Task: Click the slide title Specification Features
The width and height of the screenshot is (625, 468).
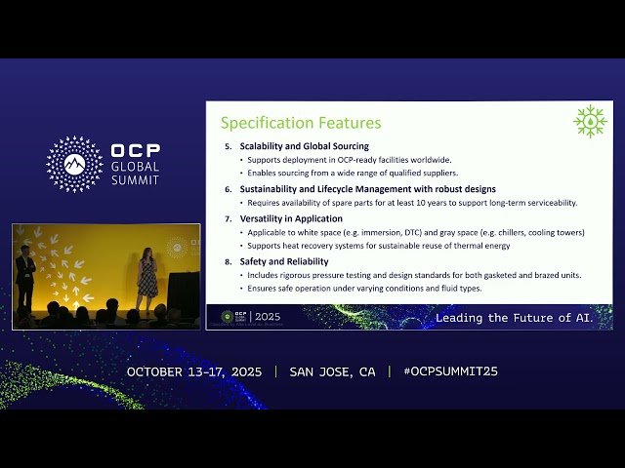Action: (300, 123)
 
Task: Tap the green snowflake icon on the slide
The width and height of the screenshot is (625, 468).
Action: (590, 121)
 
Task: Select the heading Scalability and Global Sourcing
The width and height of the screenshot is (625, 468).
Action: (304, 146)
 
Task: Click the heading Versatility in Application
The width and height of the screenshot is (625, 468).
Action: (293, 219)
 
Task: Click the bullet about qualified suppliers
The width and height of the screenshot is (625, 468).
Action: (353, 173)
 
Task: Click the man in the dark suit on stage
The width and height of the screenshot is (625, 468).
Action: (26, 277)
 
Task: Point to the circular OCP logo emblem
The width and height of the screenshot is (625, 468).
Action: (74, 164)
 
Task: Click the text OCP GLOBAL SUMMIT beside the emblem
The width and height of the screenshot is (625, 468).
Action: (136, 165)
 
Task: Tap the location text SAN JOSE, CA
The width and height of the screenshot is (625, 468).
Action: (332, 371)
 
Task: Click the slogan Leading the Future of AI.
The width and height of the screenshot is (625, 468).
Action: (514, 318)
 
